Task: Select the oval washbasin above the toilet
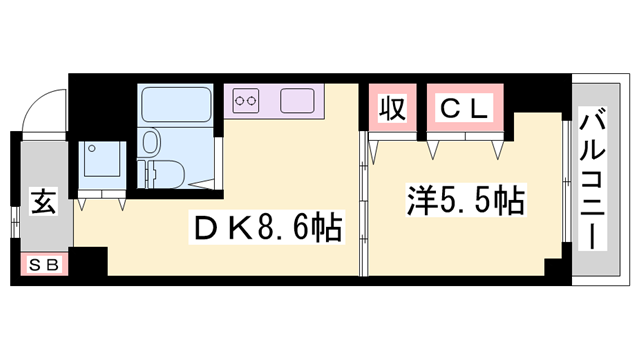152,140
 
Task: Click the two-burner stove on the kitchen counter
248,100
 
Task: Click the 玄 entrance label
42,201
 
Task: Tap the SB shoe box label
42,265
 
